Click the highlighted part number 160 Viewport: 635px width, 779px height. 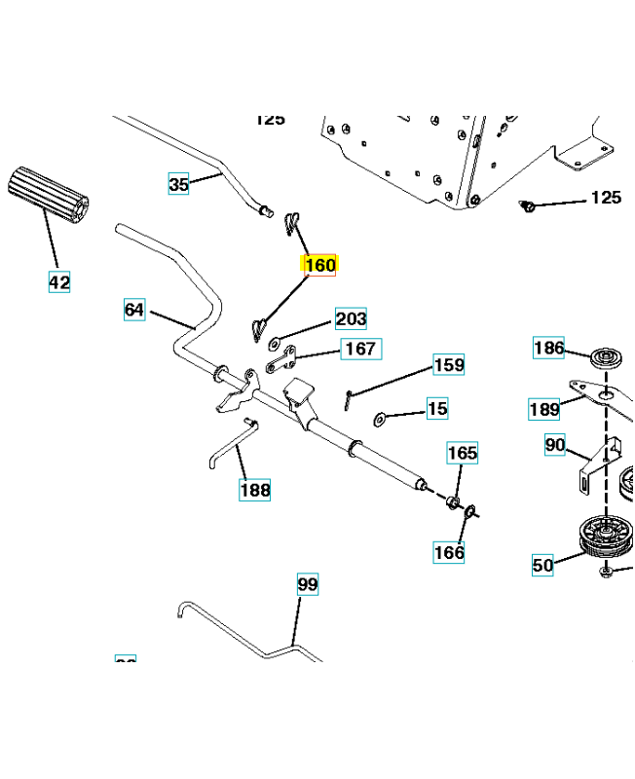coord(320,265)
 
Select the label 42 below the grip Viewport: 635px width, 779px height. coord(59,282)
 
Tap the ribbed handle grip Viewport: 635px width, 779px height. coord(49,195)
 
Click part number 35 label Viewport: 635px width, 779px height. coord(178,183)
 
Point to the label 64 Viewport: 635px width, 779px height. coord(134,311)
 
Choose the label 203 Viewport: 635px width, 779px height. coord(351,318)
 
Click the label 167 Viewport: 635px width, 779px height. coord(360,349)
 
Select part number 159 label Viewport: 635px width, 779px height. coord(449,365)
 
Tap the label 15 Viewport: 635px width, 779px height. coord(438,409)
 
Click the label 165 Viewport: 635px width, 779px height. coord(463,453)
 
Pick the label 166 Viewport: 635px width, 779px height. coord(449,552)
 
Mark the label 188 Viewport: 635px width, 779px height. coord(255,490)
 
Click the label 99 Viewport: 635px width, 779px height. coord(308,584)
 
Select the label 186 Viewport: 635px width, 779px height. coord(548,348)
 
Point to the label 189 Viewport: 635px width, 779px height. coord(543,409)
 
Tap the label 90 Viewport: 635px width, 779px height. coord(555,445)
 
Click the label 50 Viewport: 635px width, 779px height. coord(542,564)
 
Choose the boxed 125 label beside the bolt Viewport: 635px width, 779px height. coord(606,198)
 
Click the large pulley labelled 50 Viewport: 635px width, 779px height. coord(607,536)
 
